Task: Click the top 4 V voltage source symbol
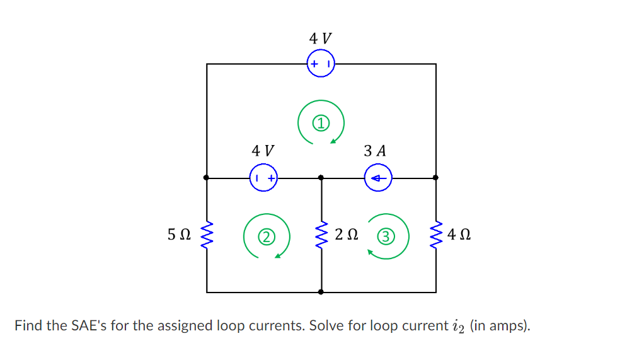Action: point(321,64)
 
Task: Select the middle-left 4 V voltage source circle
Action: point(264,178)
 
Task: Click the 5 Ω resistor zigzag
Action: point(207,235)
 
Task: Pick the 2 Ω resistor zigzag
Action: point(321,235)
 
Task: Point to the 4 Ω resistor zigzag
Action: point(436,235)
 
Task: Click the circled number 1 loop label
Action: point(321,122)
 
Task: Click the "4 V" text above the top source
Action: point(320,38)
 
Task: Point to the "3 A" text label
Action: point(376,151)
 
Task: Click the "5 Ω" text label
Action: point(179,235)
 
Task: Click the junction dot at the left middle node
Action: point(207,178)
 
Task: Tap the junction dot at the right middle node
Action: point(436,178)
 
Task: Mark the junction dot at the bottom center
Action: point(321,293)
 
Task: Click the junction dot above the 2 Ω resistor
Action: point(321,178)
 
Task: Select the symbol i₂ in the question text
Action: point(457,327)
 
